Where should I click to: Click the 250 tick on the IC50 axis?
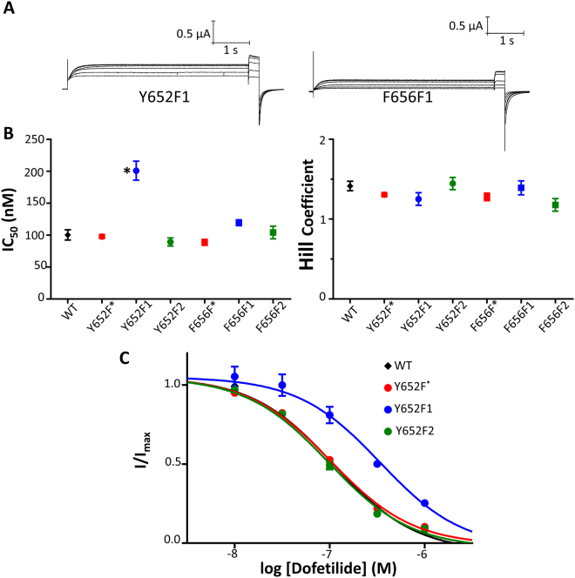38,140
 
